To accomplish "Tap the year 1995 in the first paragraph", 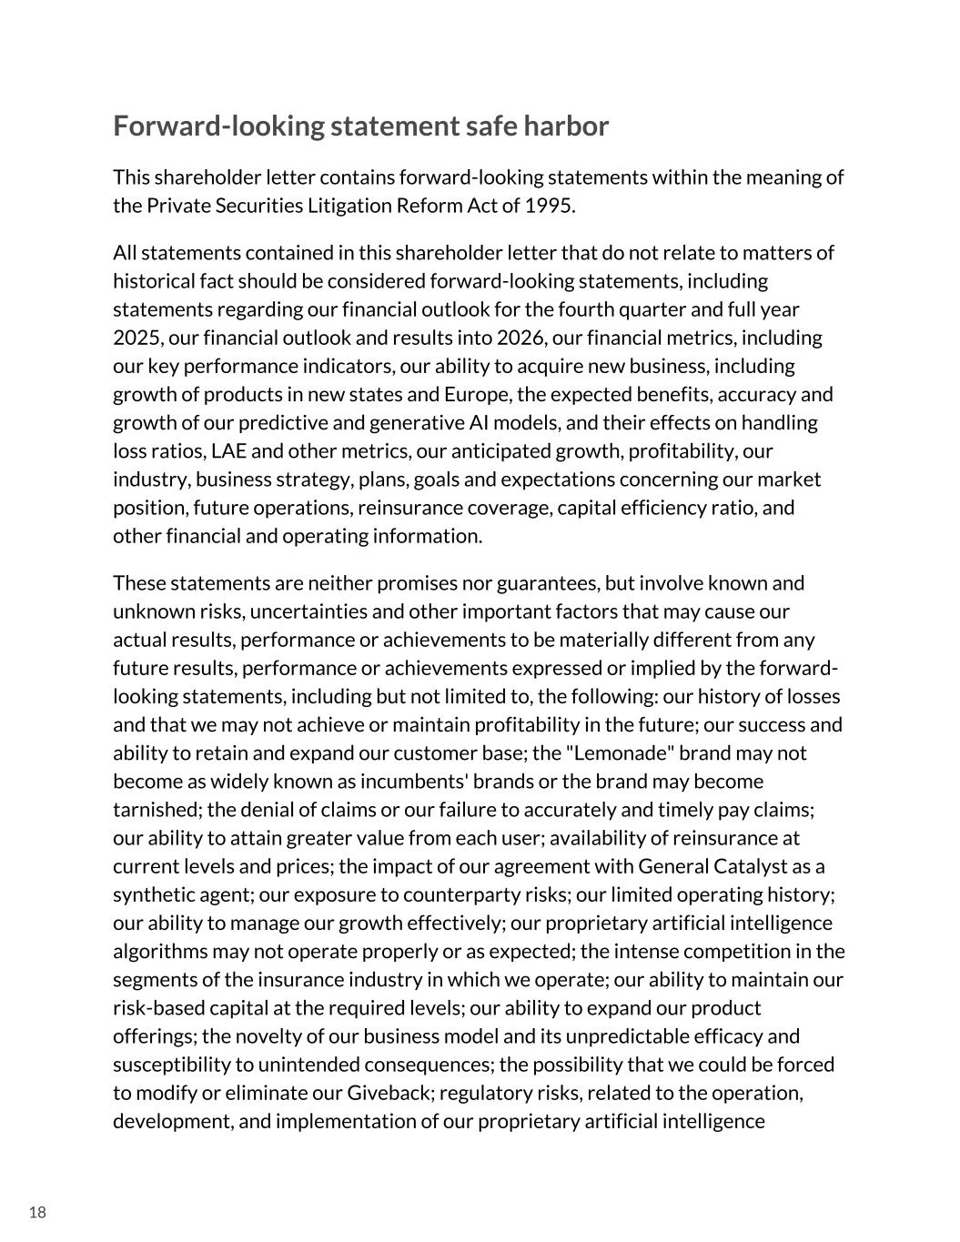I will [549, 205].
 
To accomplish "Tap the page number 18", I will [37, 1212].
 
